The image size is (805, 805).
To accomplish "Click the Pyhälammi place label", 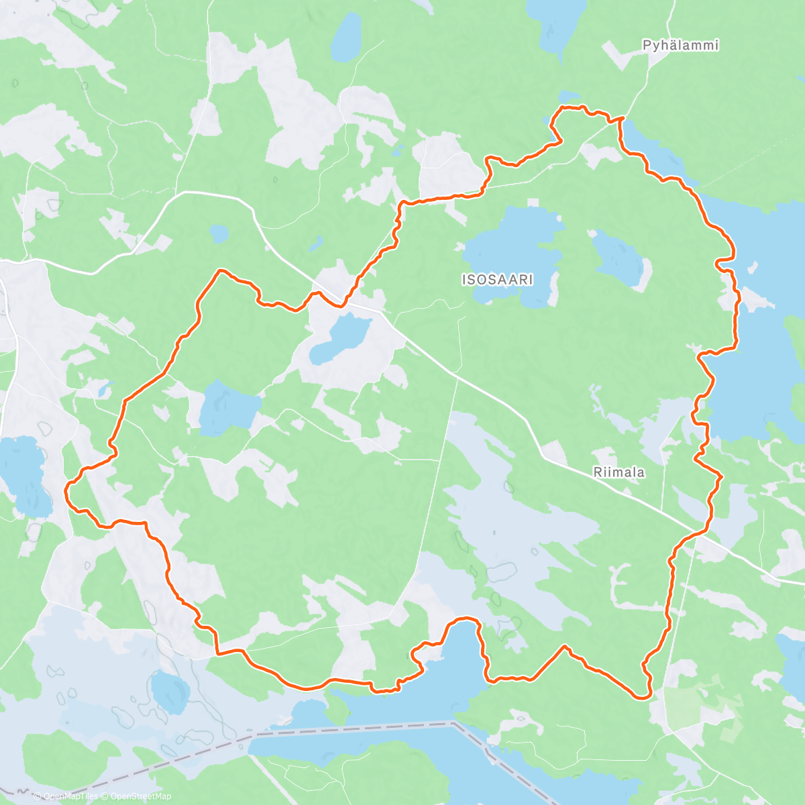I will click(680, 46).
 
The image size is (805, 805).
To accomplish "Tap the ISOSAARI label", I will click(497, 279).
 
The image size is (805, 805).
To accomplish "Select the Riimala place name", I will click(619, 472).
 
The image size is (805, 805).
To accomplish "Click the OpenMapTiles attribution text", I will click(65, 797).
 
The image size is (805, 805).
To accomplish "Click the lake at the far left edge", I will click(24, 473).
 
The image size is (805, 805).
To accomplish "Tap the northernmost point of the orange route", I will click(570, 107).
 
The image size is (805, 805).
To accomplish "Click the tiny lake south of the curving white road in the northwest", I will click(219, 234).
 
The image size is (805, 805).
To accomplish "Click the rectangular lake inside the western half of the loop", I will click(228, 406).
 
